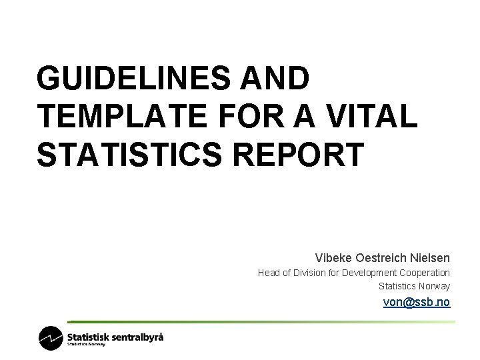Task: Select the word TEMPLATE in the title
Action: (120, 117)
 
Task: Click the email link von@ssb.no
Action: (417, 302)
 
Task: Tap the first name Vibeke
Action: (331, 257)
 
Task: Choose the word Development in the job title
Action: (369, 273)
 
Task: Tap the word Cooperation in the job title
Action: (425, 273)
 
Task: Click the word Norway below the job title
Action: (434, 286)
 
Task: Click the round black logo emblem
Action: (51, 338)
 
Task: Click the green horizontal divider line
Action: (260, 322)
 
